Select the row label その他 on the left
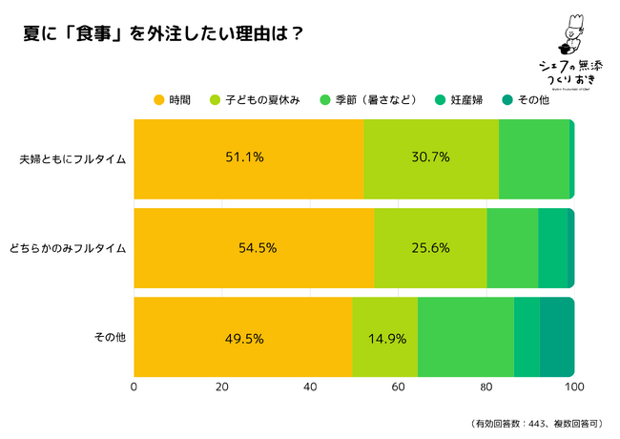110,337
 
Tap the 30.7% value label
430,158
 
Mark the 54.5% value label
257,247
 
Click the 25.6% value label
430,247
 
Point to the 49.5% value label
244,338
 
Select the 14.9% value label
385,338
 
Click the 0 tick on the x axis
134,387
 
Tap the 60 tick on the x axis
398,387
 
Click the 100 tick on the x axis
573,387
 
